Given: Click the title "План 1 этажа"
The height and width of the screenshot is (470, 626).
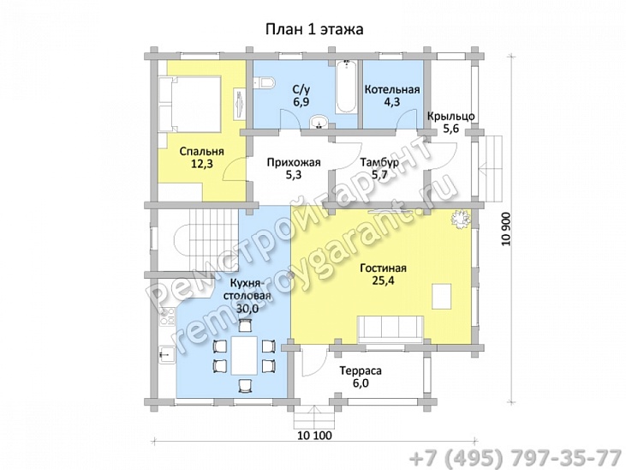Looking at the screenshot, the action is [x=314, y=30].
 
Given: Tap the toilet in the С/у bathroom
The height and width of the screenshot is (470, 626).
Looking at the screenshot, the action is [x=264, y=83].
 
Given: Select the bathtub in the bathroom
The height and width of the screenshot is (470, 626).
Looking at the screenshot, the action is [x=346, y=87].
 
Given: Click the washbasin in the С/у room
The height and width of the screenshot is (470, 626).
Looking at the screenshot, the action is [x=319, y=122].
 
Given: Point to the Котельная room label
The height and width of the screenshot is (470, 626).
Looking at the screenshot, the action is [x=392, y=89].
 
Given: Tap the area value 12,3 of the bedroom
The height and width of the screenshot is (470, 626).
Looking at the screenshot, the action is [x=201, y=164].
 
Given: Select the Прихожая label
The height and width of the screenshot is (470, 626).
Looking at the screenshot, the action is [x=294, y=162].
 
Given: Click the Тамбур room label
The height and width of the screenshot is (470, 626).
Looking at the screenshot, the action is [x=379, y=162].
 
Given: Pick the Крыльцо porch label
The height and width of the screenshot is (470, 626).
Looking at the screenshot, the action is [x=450, y=117].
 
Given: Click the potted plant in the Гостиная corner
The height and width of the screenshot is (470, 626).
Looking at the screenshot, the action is [x=461, y=219].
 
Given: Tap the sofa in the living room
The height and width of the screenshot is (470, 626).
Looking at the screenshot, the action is [x=391, y=328].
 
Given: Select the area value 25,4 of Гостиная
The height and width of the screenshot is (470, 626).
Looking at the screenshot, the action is [x=383, y=280].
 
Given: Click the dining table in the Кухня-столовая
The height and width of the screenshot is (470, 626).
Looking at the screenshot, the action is [x=244, y=355].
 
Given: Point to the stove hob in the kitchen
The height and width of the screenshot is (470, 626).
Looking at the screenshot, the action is [x=167, y=316].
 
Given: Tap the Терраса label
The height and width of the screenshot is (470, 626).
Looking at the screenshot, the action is [x=361, y=371].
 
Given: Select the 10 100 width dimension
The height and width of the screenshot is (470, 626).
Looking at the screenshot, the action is [x=314, y=435].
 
